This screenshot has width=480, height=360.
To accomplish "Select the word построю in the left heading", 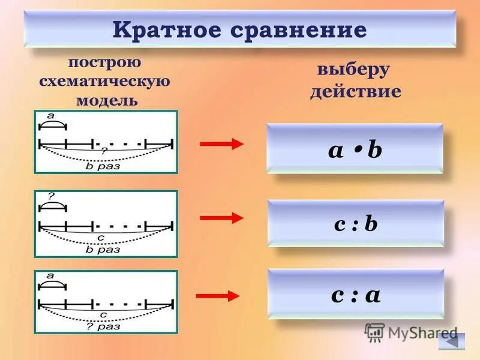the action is click(x=105, y=62).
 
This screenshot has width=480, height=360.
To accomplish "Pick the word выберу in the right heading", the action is click(x=354, y=69).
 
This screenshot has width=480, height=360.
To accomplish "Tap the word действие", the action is click(x=355, y=91).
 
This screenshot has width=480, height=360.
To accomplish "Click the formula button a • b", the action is click(x=355, y=149).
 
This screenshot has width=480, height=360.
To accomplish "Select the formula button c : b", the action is click(x=356, y=223).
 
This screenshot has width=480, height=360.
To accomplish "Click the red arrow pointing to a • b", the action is click(x=221, y=143).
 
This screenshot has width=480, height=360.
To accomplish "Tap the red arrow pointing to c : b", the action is click(x=221, y=218).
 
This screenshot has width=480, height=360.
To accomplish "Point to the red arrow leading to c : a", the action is click(x=218, y=296).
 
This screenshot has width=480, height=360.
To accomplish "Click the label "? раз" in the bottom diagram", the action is click(x=103, y=327).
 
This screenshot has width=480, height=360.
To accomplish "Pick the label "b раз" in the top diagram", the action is click(x=103, y=166).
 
